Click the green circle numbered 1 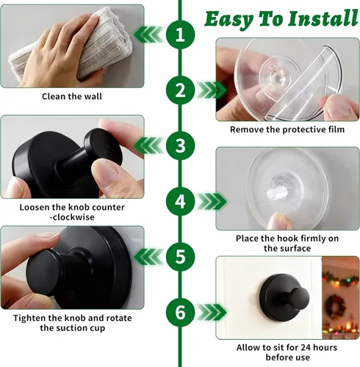[x=180, y=34]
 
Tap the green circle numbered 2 [x=180, y=90]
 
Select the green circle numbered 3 [x=180, y=146]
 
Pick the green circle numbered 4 [x=180, y=202]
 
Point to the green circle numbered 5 [x=180, y=257]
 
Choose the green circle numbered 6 [x=180, y=312]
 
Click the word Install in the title [x=323, y=18]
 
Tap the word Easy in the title [x=228, y=20]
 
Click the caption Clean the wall [x=72, y=96]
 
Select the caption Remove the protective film [x=287, y=129]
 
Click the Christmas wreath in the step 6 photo [x=335, y=306]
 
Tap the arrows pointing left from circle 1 [x=148, y=34]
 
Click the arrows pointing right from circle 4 [x=212, y=202]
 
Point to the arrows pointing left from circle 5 [x=148, y=257]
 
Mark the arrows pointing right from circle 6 [x=212, y=312]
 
